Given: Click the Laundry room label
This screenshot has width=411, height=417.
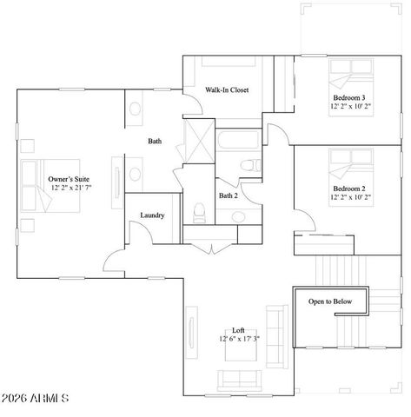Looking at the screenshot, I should (x=153, y=215).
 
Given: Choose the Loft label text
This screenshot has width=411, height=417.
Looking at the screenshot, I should (x=239, y=330).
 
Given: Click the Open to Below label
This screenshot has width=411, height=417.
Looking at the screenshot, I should (x=330, y=301).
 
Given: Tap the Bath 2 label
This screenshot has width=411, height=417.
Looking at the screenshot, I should (x=228, y=196).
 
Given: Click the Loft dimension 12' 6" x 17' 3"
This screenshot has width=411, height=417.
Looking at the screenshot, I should (x=239, y=339).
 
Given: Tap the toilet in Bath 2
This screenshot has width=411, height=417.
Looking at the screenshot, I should (x=198, y=210).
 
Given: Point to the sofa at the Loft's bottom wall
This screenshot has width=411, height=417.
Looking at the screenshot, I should (x=240, y=379).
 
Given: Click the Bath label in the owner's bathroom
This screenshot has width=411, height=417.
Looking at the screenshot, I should (x=154, y=141).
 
